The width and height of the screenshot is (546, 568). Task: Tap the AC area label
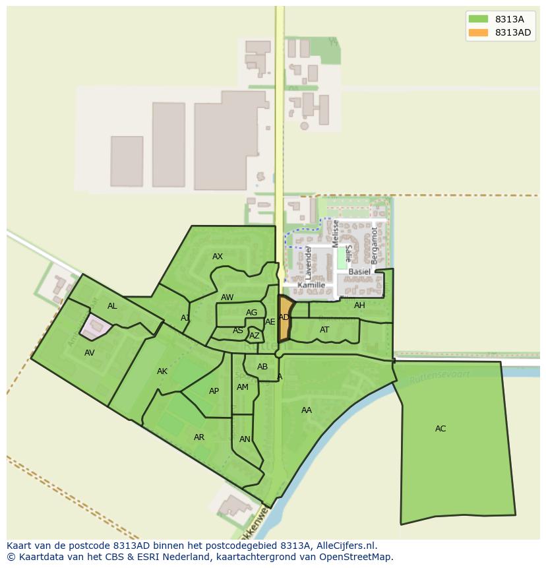(440, 429)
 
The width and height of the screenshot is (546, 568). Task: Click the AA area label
(307, 410)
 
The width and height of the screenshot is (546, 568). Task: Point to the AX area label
(218, 257)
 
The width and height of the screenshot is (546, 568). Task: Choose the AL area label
(112, 306)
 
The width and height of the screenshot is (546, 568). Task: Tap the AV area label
(90, 353)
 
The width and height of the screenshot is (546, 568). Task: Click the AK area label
(162, 371)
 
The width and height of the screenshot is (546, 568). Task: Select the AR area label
(199, 437)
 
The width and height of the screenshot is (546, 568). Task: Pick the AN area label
(245, 439)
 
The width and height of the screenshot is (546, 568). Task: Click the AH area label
(359, 305)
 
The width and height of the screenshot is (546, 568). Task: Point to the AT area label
(324, 330)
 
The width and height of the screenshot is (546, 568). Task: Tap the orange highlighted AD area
(284, 319)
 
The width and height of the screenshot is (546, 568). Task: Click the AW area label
(228, 298)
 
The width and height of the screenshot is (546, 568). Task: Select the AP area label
(214, 391)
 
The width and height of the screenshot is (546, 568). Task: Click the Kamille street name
(311, 286)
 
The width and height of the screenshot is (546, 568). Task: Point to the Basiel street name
(359, 272)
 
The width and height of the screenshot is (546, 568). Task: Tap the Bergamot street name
(375, 245)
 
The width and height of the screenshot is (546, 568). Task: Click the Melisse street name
(336, 234)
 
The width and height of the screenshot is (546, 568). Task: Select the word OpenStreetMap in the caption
(356, 557)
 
